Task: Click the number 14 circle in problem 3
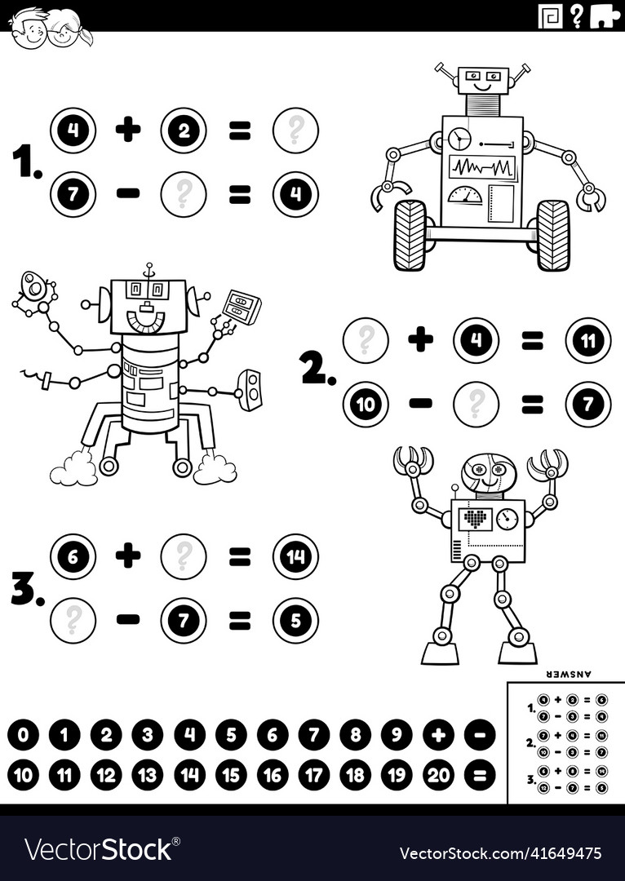tap(295, 556)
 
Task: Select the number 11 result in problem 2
tap(587, 340)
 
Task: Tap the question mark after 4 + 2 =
tap(295, 131)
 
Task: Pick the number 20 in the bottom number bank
tap(438, 775)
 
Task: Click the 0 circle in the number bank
tap(24, 735)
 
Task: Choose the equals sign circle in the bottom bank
tap(480, 775)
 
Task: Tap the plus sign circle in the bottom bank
tap(438, 735)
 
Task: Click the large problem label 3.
tap(26, 588)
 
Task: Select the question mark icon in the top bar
tap(577, 15)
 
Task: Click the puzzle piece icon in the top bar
tap(604, 15)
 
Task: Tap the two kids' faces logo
tap(51, 28)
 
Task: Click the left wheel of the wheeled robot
tap(410, 235)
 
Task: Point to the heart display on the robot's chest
tap(475, 519)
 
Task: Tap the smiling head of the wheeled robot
tap(482, 81)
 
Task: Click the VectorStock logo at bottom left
tap(98, 850)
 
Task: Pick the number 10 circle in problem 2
tap(366, 404)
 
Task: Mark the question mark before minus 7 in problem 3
tap(73, 621)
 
